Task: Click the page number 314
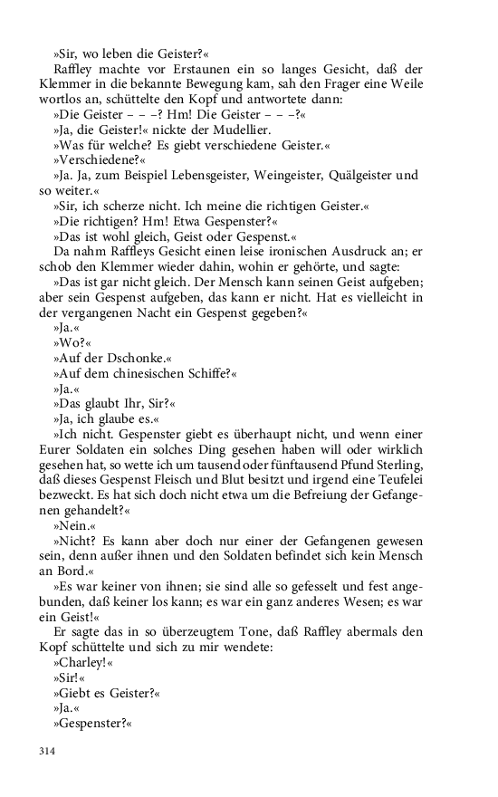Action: tap(46, 751)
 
